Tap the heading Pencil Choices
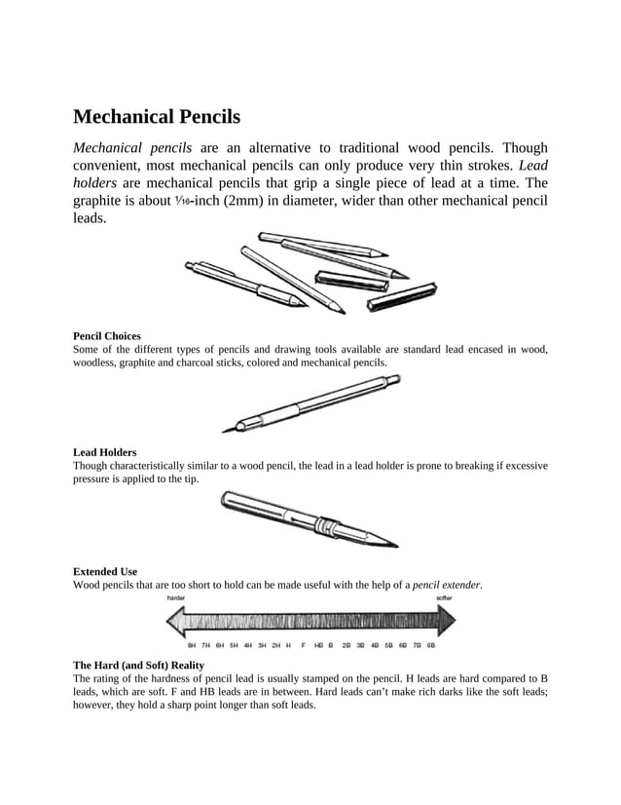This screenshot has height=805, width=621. [x=107, y=335]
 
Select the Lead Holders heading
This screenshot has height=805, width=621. [x=104, y=452]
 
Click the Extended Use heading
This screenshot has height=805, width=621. [x=105, y=571]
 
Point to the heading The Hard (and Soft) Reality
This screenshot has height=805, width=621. [x=138, y=665]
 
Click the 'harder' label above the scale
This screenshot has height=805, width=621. [x=177, y=598]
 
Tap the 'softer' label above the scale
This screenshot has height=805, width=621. [x=443, y=598]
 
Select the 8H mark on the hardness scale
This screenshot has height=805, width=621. [x=193, y=645]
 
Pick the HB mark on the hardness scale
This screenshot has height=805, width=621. [x=318, y=645]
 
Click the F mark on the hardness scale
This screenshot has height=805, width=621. [x=304, y=645]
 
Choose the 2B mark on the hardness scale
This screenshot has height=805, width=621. [x=347, y=645]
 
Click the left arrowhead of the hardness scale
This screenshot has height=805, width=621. [x=174, y=621]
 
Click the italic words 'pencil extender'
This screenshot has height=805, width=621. [x=447, y=585]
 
